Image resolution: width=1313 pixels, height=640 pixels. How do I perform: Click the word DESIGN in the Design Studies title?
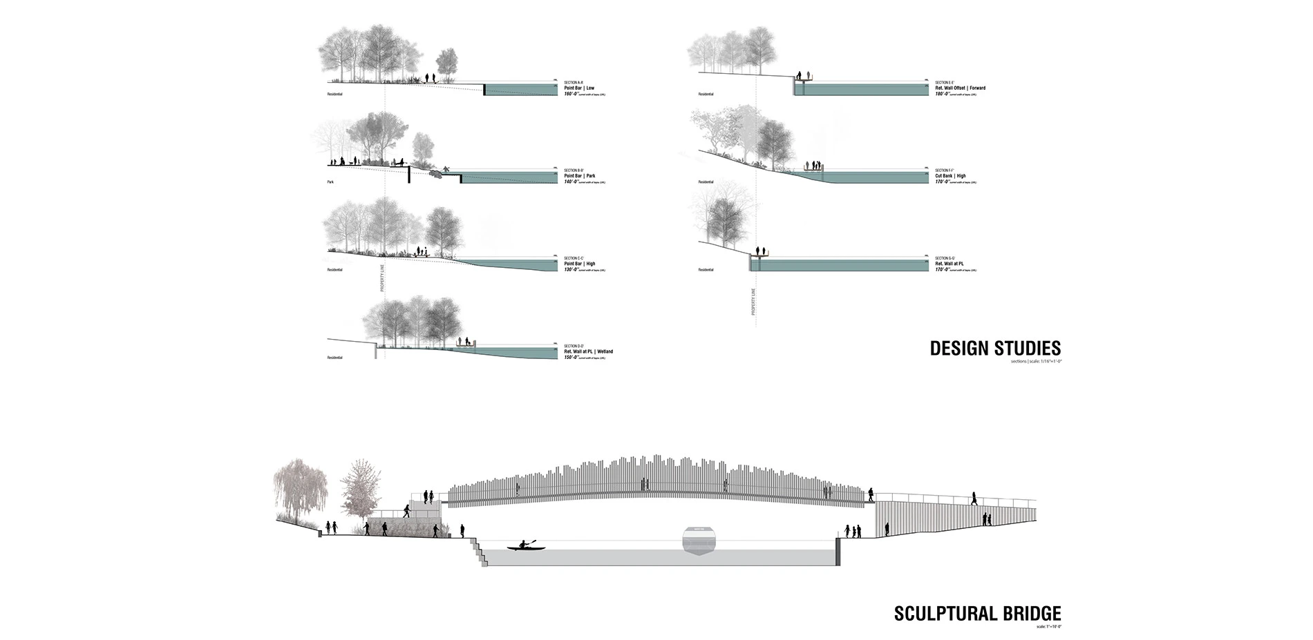point(959,349)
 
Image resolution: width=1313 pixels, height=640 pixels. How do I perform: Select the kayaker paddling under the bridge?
point(526,545)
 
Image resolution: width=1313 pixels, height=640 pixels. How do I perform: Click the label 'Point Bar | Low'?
point(579,88)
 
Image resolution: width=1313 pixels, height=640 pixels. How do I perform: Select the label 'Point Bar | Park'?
point(579,176)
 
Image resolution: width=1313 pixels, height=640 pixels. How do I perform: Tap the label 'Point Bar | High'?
point(579,264)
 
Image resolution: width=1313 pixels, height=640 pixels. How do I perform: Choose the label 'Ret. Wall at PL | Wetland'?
point(588,351)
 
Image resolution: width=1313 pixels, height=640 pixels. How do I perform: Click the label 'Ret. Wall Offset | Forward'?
point(960,88)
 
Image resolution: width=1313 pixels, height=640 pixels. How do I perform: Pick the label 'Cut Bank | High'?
point(950,176)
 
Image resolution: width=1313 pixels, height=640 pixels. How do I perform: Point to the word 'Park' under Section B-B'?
point(330,182)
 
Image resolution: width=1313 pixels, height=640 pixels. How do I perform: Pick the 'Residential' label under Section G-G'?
point(706,270)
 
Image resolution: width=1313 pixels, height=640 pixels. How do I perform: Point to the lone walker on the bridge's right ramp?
point(974,498)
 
